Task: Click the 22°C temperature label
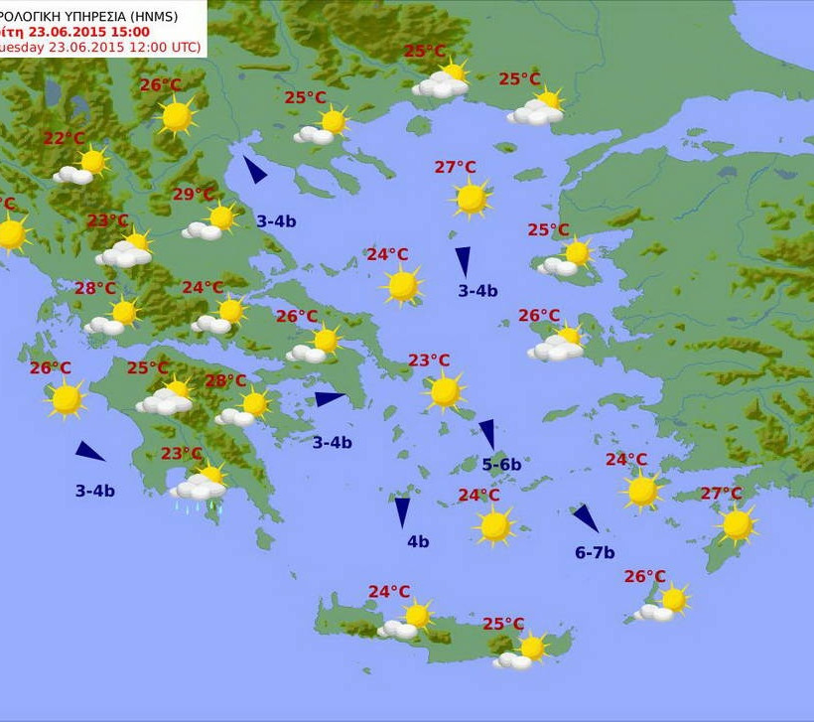[64, 139]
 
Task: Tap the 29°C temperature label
[194, 195]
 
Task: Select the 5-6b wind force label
[501, 464]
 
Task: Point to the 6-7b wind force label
[595, 552]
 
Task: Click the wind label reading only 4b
[418, 541]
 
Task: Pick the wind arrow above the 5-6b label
[487, 434]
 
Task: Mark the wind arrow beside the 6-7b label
[585, 517]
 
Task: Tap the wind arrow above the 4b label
[402, 511]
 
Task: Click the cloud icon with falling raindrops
[200, 488]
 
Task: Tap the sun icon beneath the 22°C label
[92, 161]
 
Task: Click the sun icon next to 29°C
[221, 217]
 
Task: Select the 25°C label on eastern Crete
[503, 624]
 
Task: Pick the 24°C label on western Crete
[389, 592]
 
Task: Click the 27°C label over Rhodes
[721, 494]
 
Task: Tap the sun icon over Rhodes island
[737, 524]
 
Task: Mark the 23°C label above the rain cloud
[182, 454]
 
